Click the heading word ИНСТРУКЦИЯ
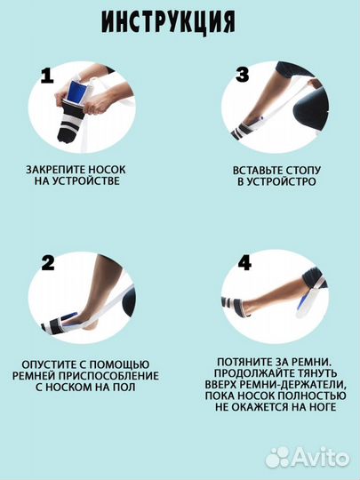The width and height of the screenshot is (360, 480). coord(168,22)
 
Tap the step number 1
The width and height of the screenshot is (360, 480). coord(47,76)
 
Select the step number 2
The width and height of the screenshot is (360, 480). coord(48,263)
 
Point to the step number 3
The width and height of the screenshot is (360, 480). coord(242,75)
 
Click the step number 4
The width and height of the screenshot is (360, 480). coord(244,262)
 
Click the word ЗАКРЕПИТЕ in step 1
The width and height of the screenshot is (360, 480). coord(55,170)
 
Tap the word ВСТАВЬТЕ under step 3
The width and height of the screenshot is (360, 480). coord(258,171)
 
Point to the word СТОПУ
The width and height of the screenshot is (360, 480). coord(304,171)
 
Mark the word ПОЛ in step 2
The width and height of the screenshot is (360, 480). coord(124,387)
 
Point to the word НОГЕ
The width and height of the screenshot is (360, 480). coord(323,407)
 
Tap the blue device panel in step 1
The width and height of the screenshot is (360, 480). coord(76,91)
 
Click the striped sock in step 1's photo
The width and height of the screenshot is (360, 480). coord(71,123)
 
